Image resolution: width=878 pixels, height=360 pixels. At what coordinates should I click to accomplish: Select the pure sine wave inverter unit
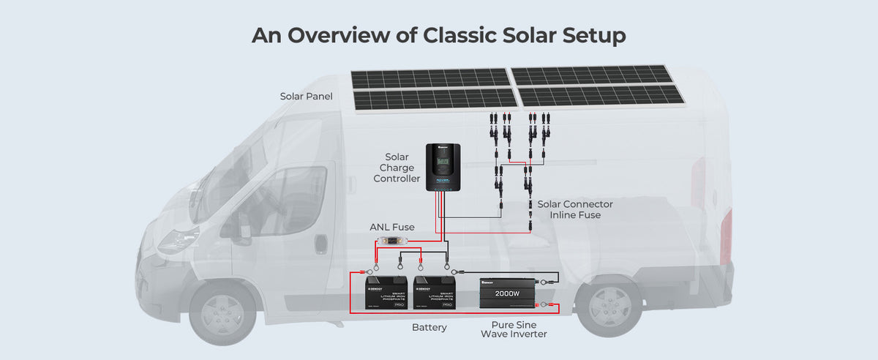pos(507,296)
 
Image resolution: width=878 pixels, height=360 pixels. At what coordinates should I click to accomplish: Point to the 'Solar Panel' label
pos(306,97)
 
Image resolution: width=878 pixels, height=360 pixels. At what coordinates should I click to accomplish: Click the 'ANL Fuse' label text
pos(391,227)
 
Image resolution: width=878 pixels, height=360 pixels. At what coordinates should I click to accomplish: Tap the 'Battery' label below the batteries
pos(429,327)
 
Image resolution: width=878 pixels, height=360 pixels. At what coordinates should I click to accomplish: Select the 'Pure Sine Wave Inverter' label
pos(514,328)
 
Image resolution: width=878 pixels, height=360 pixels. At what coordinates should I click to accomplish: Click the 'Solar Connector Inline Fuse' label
pos(575,209)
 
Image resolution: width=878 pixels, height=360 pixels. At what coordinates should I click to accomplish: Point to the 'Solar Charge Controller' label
pos(402,168)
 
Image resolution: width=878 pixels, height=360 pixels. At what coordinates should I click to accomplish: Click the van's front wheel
pos(222,311)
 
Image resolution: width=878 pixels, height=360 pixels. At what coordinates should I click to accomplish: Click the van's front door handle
pos(320,244)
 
